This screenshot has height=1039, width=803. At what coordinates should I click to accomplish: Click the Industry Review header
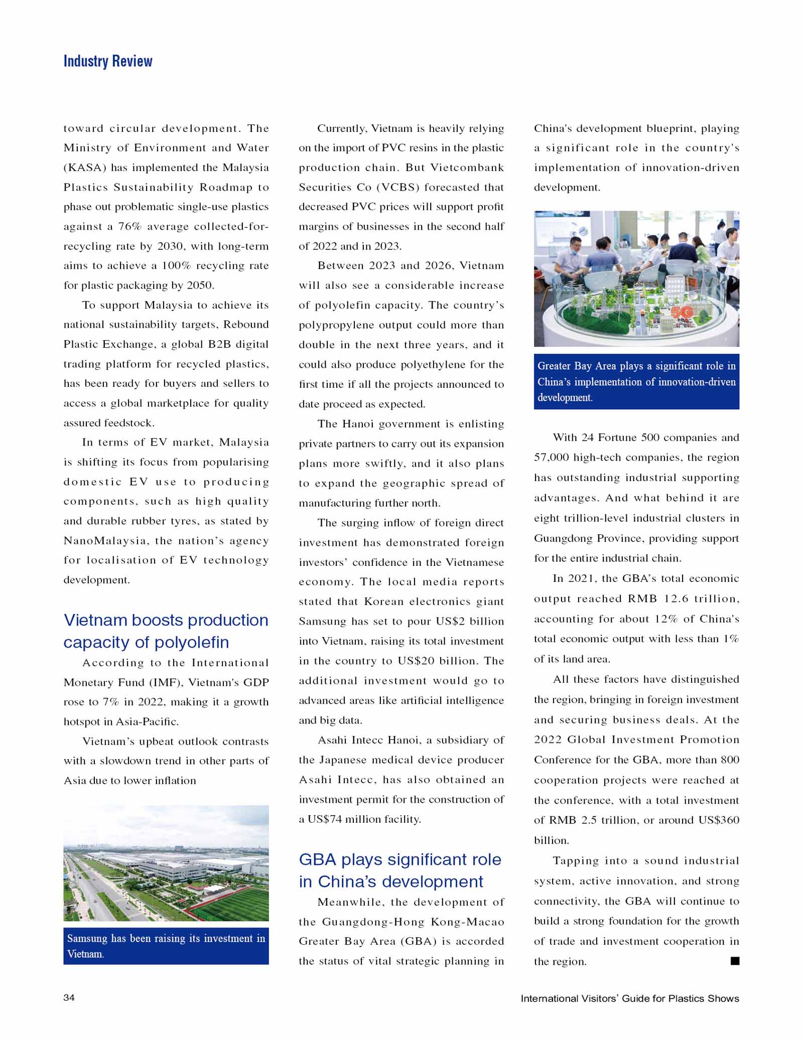tap(108, 61)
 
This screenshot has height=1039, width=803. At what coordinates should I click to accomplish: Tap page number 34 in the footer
tap(69, 997)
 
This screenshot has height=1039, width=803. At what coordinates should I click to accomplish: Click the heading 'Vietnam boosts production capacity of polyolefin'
tap(166, 631)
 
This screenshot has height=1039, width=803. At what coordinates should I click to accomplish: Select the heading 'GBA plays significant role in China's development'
tap(399, 870)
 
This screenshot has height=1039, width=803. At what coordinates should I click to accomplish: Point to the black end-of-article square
tap(735, 961)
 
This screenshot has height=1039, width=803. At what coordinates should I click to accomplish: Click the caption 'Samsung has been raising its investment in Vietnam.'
tap(166, 946)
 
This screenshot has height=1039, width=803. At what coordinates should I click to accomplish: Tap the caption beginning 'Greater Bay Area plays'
tap(636, 381)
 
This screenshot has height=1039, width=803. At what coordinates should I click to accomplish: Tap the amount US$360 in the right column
tap(719, 820)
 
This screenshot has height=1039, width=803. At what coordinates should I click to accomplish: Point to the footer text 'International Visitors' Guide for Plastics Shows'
tap(629, 998)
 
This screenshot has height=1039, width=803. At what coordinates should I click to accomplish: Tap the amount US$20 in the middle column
tap(416, 661)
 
